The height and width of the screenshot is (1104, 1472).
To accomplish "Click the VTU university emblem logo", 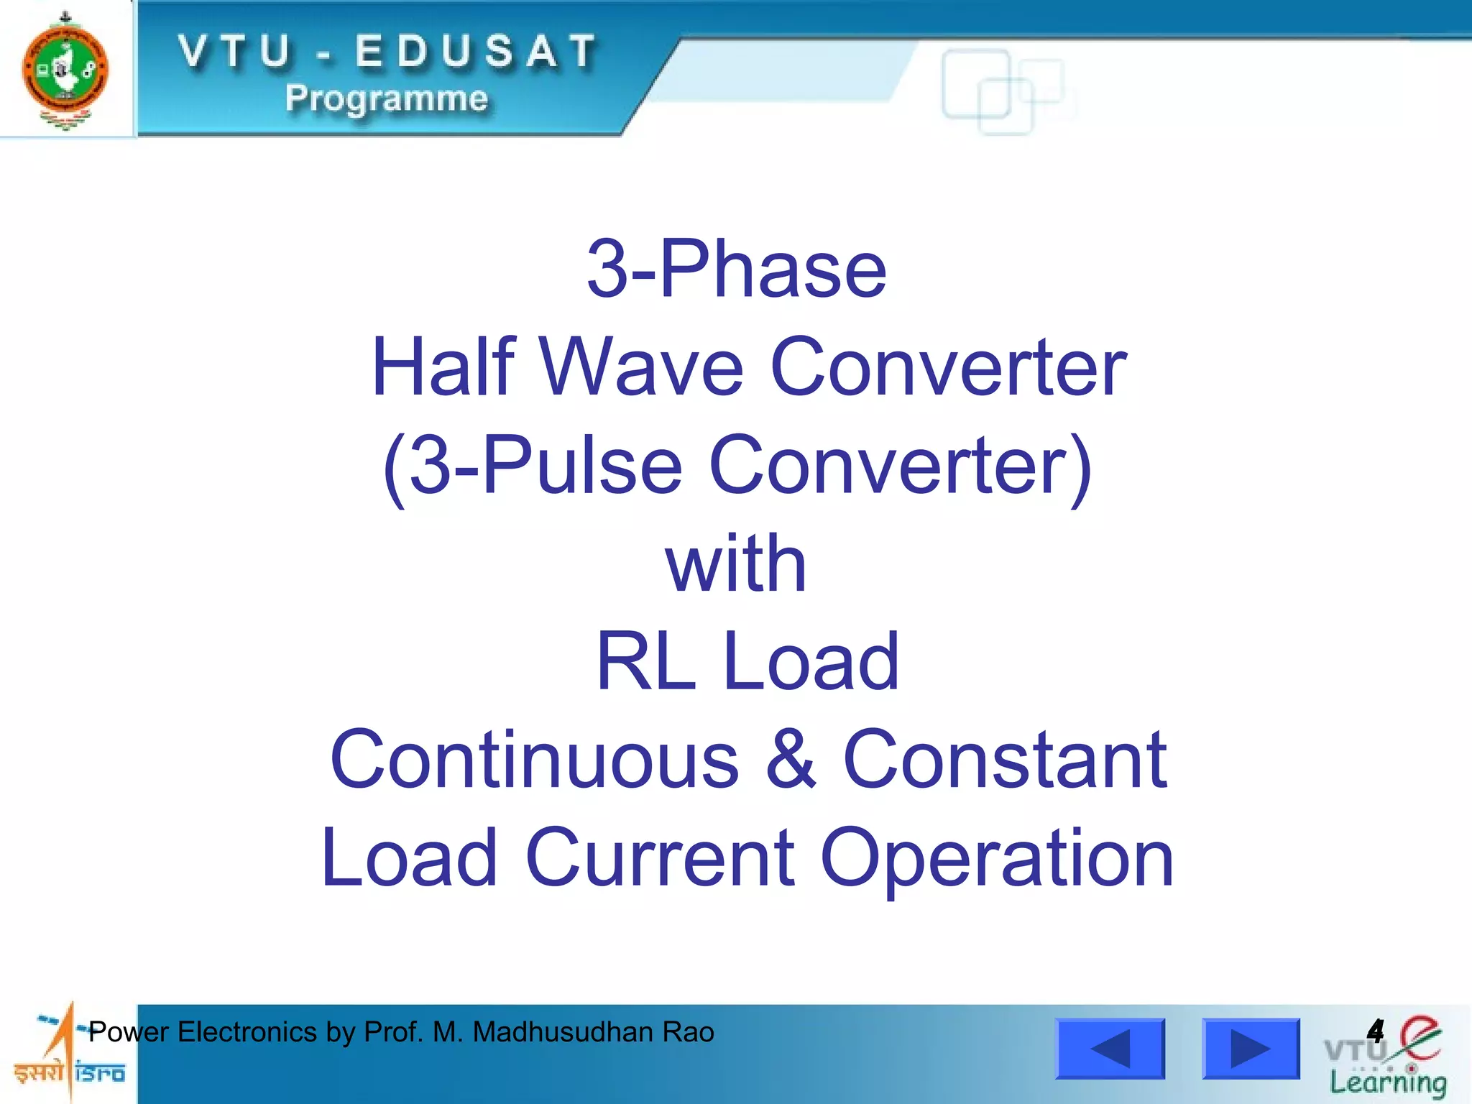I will click(x=65, y=70).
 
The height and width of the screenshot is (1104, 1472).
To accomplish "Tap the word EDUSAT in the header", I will click(x=476, y=52).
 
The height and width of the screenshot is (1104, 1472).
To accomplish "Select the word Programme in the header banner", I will click(x=387, y=98).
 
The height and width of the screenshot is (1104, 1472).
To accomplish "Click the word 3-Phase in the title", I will click(x=737, y=269).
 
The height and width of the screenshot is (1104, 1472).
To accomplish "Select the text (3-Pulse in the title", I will click(x=532, y=466).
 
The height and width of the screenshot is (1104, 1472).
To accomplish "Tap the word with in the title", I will click(x=736, y=563).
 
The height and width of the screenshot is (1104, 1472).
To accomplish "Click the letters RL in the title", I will click(x=646, y=661).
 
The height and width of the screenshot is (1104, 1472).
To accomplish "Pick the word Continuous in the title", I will click(x=534, y=759).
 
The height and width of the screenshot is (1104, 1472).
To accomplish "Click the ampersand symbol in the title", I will click(x=791, y=759).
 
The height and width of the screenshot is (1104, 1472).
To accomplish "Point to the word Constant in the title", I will click(x=1005, y=759).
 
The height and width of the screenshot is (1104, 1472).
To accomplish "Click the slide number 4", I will click(x=1375, y=1031).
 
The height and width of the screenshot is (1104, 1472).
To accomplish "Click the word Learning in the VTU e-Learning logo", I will click(x=1387, y=1082).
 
